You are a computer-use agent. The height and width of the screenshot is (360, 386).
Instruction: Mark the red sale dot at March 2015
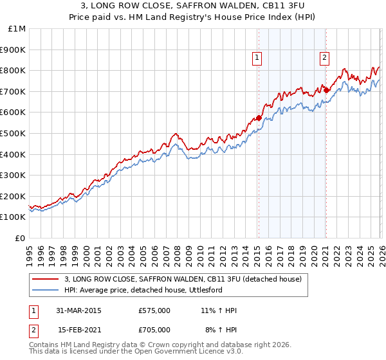[259, 118]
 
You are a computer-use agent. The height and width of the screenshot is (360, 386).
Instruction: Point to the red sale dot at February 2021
[326, 91]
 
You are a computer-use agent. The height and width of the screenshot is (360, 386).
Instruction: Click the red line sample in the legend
[46, 280]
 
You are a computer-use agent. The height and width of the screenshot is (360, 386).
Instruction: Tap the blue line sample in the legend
[46, 291]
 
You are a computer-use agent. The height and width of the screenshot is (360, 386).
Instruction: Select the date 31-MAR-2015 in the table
[78, 311]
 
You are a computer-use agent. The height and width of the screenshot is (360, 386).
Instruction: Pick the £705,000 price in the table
[154, 330]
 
